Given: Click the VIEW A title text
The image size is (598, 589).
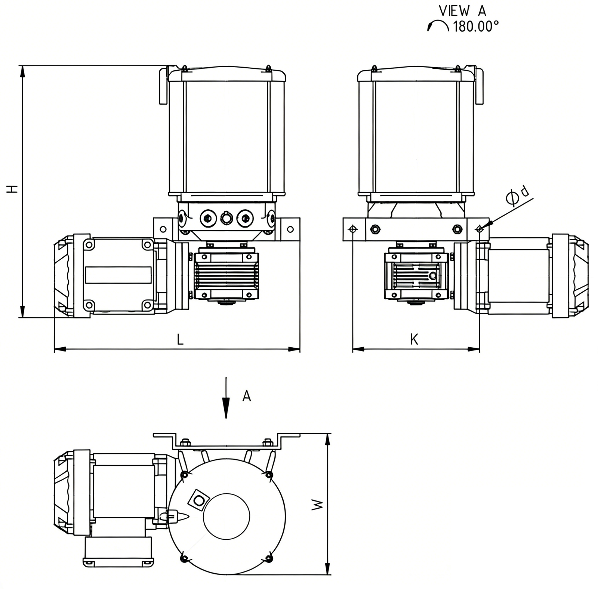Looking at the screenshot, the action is pos(462,11).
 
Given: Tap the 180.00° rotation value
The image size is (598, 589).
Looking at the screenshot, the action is pos(476,27).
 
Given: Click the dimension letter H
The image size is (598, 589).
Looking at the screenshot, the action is pos(13,189).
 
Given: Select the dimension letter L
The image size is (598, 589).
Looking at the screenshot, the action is pos(180,339).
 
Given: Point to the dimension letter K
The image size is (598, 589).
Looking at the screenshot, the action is pos(414,339).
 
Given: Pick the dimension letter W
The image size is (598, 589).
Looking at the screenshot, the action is pos(317,505).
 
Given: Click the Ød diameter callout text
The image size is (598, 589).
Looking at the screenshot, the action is pos(518,195).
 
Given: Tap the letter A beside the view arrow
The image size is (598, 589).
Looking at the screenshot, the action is pos(247,396).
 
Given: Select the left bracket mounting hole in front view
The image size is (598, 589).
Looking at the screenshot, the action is pos(163,229).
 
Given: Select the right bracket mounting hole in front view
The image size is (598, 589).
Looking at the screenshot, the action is pos(290,229).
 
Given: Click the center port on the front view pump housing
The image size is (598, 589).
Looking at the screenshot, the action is pos(226,218).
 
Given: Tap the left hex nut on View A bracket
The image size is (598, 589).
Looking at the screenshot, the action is pos(375,229).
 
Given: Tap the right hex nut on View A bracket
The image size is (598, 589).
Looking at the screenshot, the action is pos(456,229).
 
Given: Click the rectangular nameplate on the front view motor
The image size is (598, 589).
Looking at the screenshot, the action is pos(118,275).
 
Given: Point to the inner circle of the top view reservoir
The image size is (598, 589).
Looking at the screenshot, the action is pos(226,516).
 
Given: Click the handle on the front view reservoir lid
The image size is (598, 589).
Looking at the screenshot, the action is pos(163,86).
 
